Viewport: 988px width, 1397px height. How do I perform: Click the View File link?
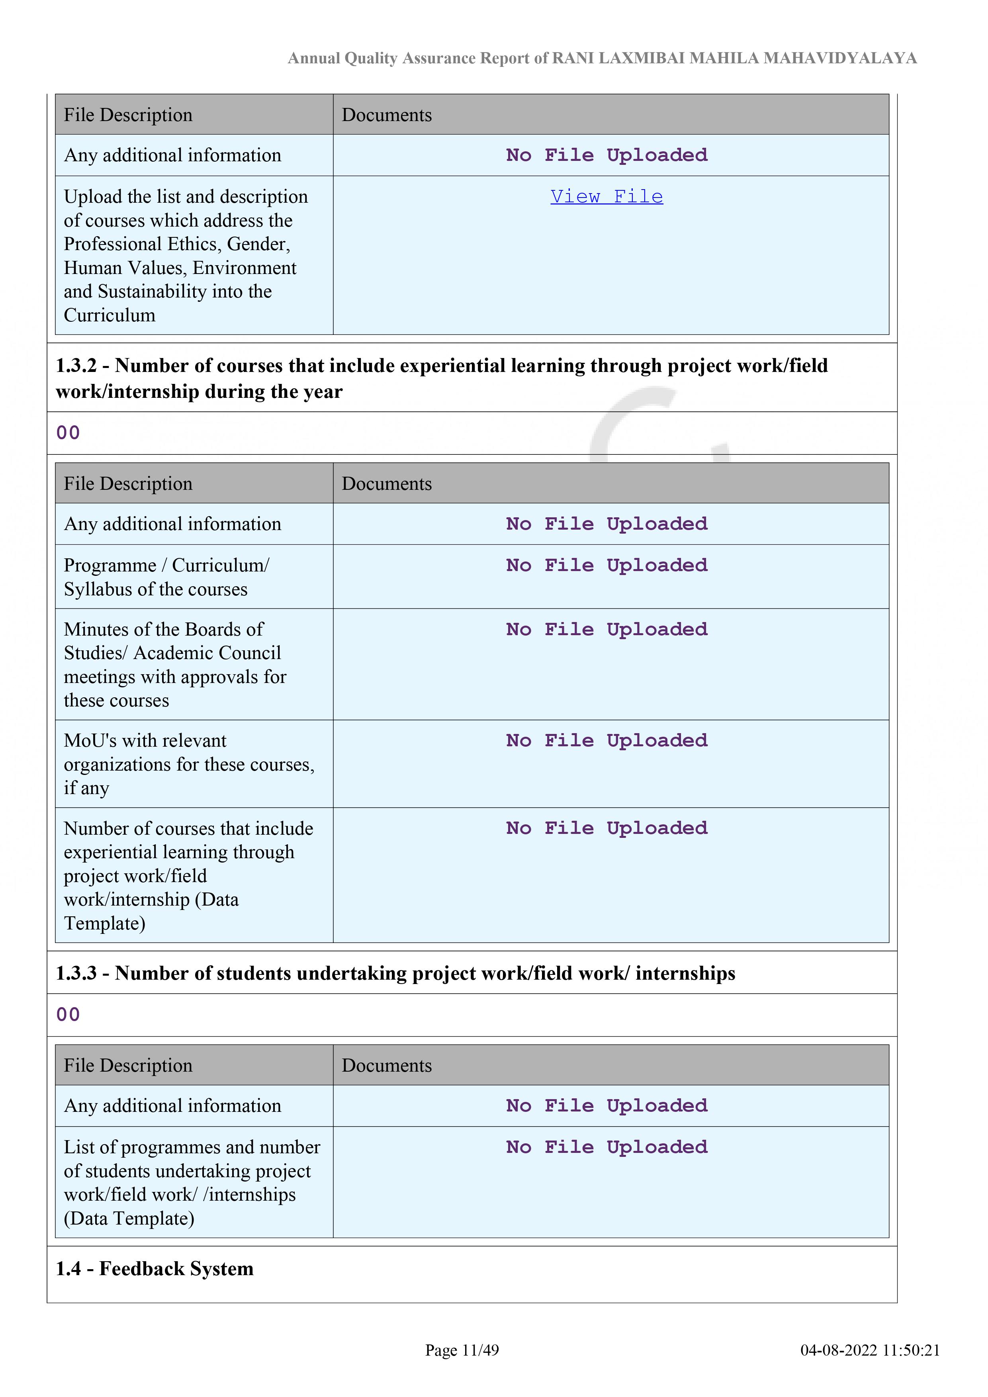pyautogui.click(x=606, y=197)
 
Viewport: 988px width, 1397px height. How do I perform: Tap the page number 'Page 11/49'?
pyautogui.click(x=462, y=1350)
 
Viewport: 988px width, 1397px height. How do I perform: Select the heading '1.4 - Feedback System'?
pyautogui.click(x=155, y=1269)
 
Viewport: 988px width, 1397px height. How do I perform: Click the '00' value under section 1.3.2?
pyautogui.click(x=68, y=432)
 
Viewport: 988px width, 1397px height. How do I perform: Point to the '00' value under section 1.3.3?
pyautogui.click(x=68, y=1014)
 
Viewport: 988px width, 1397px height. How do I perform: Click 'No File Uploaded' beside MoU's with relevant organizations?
pyautogui.click(x=606, y=740)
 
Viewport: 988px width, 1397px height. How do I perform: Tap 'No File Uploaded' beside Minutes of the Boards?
pyautogui.click(x=606, y=629)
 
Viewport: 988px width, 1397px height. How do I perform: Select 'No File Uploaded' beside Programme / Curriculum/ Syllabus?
pyautogui.click(x=606, y=565)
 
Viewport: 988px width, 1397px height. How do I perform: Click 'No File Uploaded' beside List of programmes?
pyautogui.click(x=606, y=1147)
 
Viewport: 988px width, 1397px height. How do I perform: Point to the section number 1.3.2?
pyautogui.click(x=76, y=366)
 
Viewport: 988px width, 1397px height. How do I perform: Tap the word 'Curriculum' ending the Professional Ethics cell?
pyautogui.click(x=110, y=315)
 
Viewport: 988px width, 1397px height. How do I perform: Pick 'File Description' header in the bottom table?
pyautogui.click(x=128, y=1065)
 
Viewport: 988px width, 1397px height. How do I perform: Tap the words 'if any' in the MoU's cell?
pyautogui.click(x=86, y=788)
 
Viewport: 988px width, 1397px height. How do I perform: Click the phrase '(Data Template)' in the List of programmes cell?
pyautogui.click(x=129, y=1218)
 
